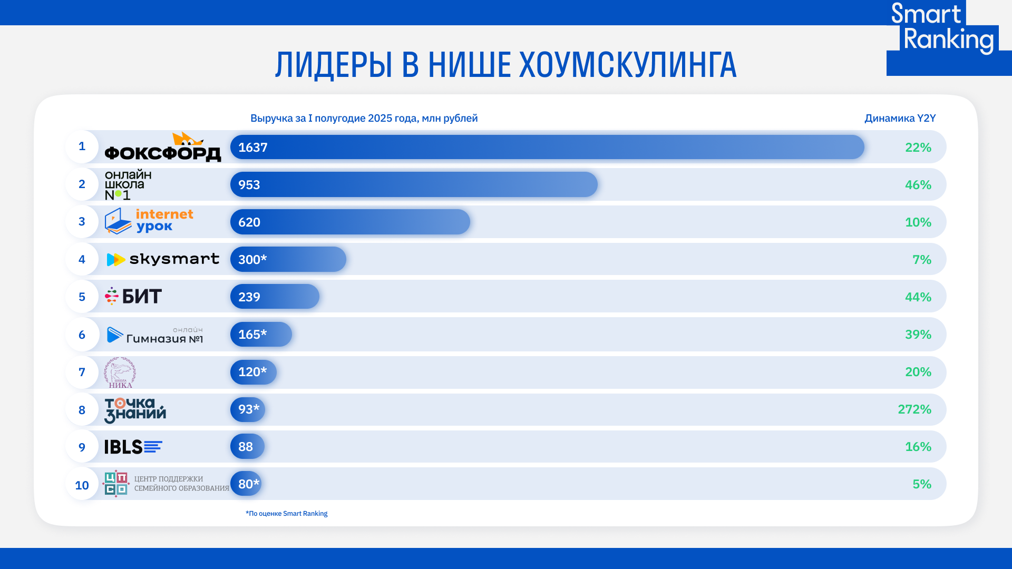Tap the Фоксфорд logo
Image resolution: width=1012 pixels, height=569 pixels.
(162, 148)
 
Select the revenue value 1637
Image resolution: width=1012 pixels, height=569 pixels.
(253, 148)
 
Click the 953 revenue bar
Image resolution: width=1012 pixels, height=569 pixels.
(414, 184)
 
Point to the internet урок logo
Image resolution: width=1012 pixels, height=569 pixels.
(149, 221)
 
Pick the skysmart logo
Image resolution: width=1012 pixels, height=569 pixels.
(163, 259)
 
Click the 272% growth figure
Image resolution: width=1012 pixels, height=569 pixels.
(914, 409)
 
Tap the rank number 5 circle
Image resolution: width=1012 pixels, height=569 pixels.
(82, 297)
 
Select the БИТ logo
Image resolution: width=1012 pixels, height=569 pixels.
(133, 297)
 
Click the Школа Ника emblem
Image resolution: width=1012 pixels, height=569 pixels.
(120, 372)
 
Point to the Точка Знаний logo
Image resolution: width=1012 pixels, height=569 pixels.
(135, 410)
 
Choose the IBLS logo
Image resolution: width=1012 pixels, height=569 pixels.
(133, 447)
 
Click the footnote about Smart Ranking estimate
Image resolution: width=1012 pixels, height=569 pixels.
(287, 514)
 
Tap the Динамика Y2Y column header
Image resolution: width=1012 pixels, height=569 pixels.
(900, 118)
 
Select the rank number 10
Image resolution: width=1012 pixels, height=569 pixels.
(82, 485)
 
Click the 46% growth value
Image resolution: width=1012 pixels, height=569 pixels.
(918, 185)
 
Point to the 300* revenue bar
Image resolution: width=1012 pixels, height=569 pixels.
(288, 259)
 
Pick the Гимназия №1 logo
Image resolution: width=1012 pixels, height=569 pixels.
(155, 335)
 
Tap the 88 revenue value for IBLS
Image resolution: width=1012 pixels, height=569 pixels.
(246, 447)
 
